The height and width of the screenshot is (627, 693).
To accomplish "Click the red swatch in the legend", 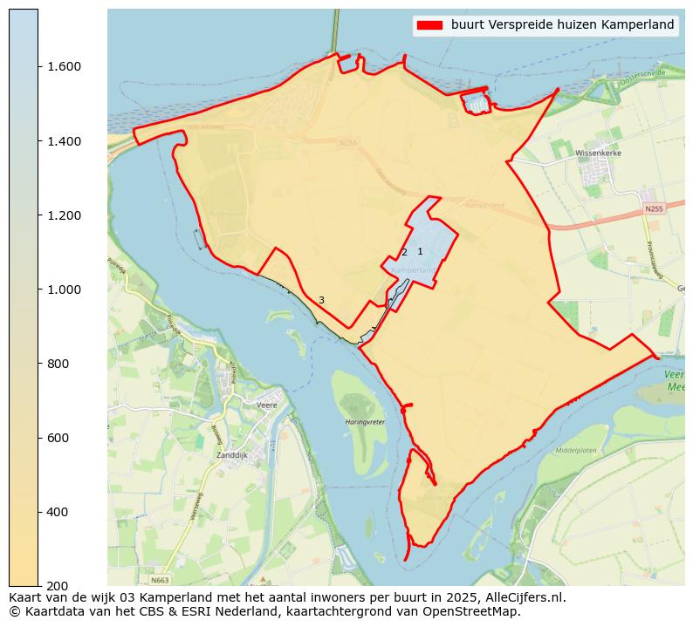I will (430, 25).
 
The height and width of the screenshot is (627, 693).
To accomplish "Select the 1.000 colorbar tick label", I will (64, 290).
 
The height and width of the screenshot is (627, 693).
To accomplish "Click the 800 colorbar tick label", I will (58, 364).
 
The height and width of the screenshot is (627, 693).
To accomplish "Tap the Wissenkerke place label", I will (597, 153).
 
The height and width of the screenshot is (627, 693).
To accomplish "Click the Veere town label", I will (267, 405).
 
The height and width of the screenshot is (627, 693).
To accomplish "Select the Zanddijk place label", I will (232, 455).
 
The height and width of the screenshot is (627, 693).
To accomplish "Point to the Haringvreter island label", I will (365, 422).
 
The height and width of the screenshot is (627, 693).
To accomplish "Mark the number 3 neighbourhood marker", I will (321, 300).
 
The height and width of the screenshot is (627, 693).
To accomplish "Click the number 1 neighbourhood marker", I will (420, 251).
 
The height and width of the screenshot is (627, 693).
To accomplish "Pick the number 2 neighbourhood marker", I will (404, 252).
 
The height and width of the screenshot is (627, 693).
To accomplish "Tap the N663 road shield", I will (159, 580).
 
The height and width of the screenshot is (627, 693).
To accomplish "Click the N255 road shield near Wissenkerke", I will (654, 209).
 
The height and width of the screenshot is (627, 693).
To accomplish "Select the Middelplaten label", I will (575, 451).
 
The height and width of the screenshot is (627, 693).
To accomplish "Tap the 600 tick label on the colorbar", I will (58, 438).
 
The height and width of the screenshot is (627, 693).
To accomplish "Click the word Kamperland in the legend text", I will (639, 25).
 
